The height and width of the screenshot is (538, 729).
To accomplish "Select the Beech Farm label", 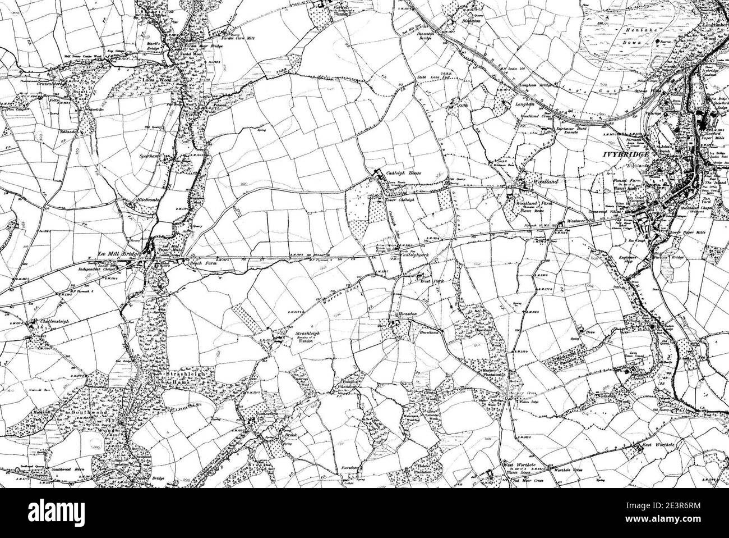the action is [x=189, y=263].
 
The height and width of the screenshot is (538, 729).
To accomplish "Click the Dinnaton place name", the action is [x=469, y=20].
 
